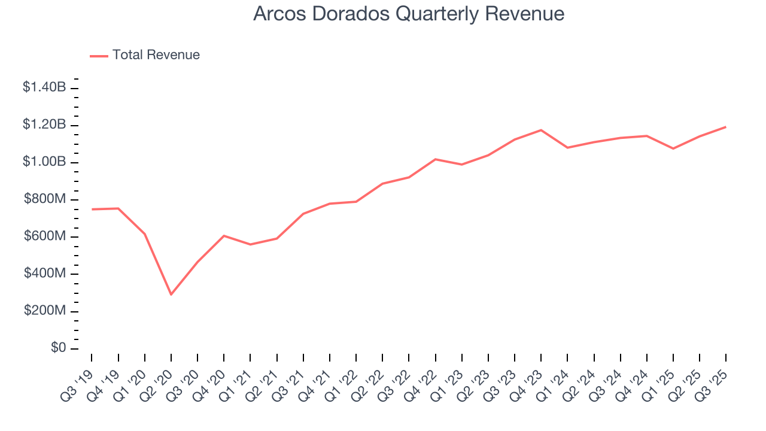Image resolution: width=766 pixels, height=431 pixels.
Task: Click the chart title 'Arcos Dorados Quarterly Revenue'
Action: [409, 13]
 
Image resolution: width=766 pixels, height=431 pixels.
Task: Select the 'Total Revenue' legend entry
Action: [156, 55]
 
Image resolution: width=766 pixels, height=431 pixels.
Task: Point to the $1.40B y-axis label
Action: [44, 87]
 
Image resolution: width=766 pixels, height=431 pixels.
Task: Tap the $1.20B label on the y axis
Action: [44, 125]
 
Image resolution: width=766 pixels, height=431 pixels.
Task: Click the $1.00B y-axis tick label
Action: [44, 162]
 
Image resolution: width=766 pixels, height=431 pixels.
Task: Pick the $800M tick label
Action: [45, 199]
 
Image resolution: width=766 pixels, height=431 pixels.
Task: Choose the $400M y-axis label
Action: [45, 274]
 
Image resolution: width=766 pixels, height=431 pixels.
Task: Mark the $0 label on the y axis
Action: [58, 348]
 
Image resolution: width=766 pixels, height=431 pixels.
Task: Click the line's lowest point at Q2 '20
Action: [171, 295]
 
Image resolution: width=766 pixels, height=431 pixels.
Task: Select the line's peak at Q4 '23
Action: [541, 130]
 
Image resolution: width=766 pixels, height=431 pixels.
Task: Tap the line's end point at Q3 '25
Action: [726, 127]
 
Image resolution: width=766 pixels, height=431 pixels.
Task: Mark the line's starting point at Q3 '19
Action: [92, 209]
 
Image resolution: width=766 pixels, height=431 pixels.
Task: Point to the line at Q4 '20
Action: [224, 236]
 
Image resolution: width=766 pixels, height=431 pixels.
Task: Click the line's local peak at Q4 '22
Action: [435, 159]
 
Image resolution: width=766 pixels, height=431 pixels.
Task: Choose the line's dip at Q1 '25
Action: [673, 148]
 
